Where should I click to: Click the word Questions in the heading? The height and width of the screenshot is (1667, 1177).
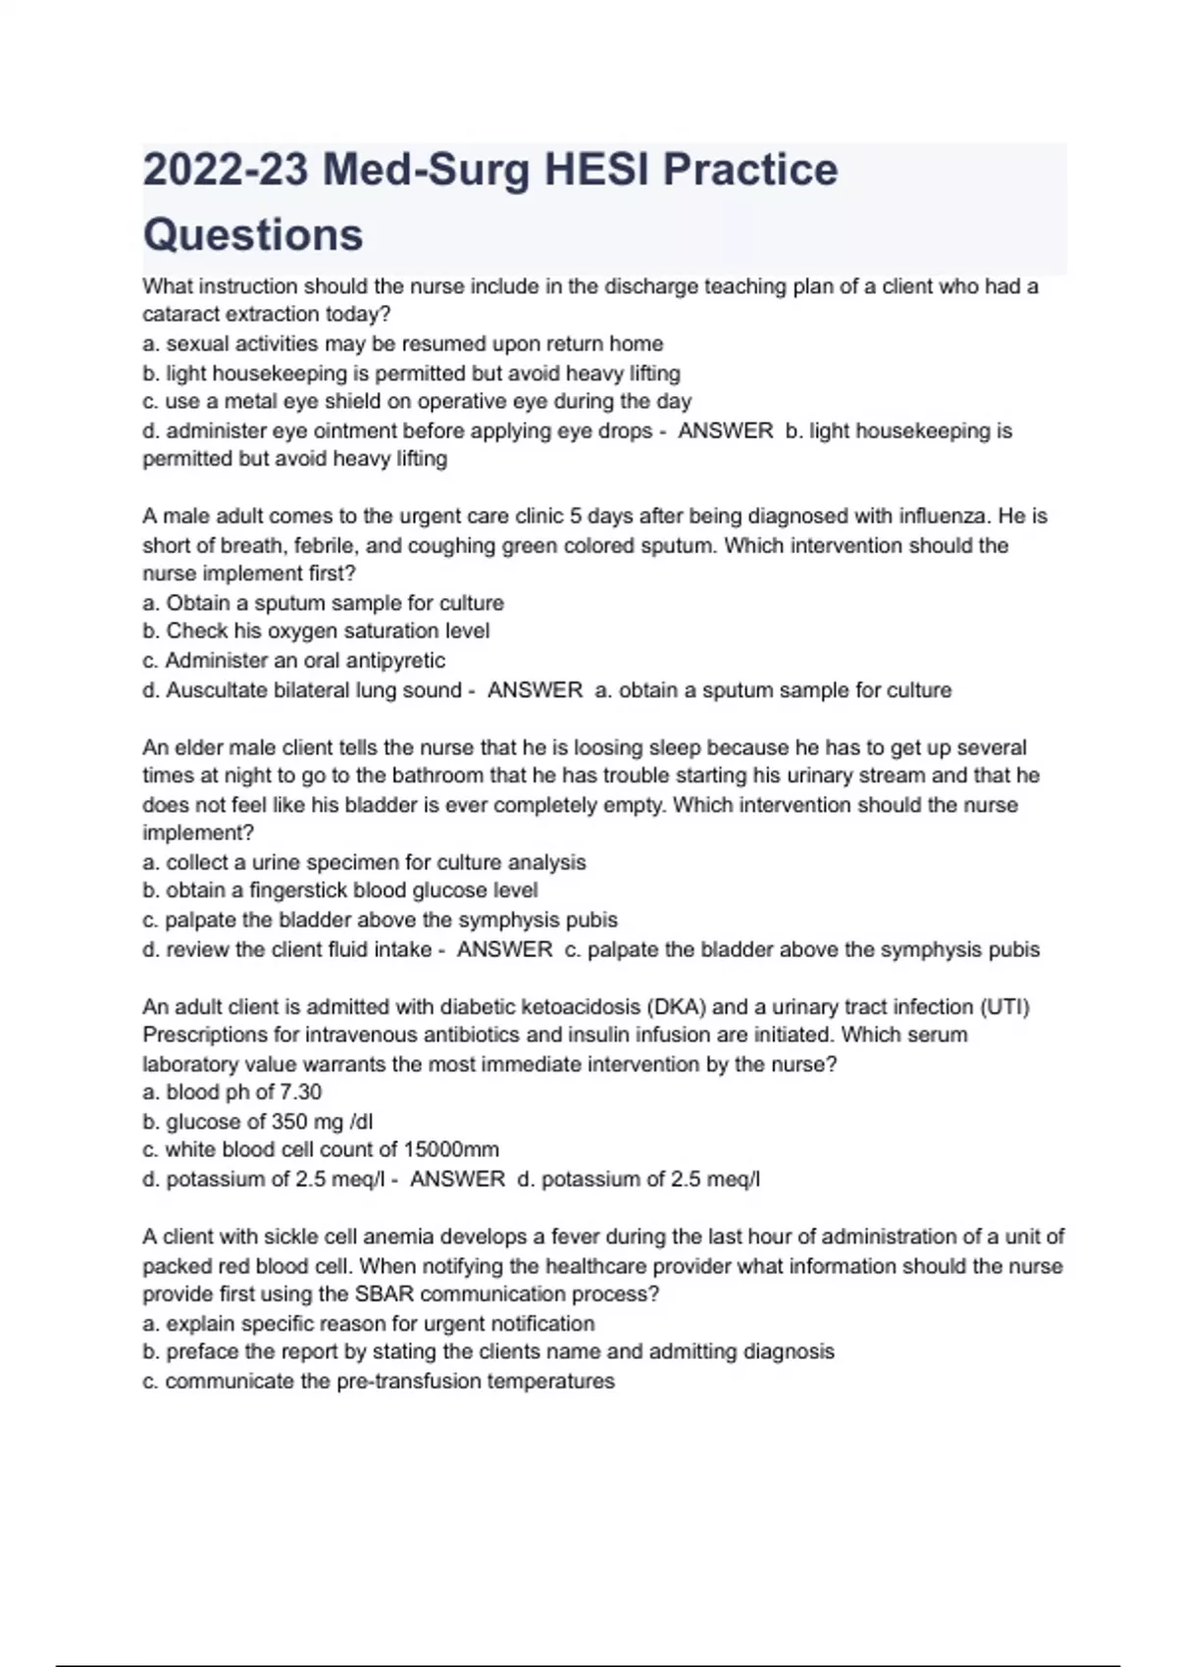[253, 235]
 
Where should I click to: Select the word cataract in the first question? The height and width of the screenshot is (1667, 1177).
[181, 315]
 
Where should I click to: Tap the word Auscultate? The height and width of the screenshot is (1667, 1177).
[219, 690]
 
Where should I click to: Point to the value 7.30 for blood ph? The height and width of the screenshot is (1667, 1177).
[301, 1092]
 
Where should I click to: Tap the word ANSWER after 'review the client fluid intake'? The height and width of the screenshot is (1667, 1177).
[505, 949]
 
